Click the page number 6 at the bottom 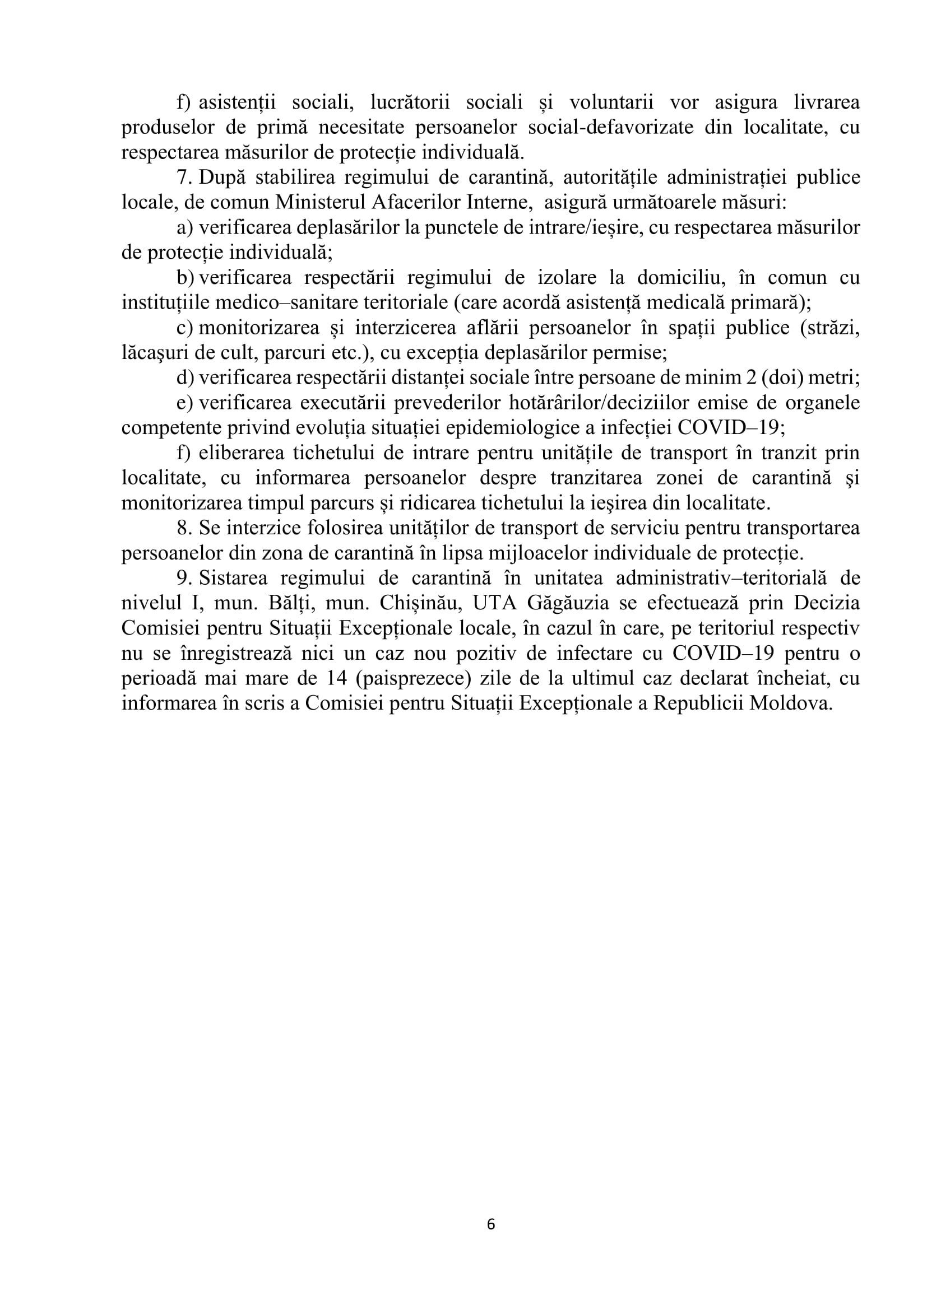[491, 1224]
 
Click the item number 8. [183, 528]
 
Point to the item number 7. [183, 178]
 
